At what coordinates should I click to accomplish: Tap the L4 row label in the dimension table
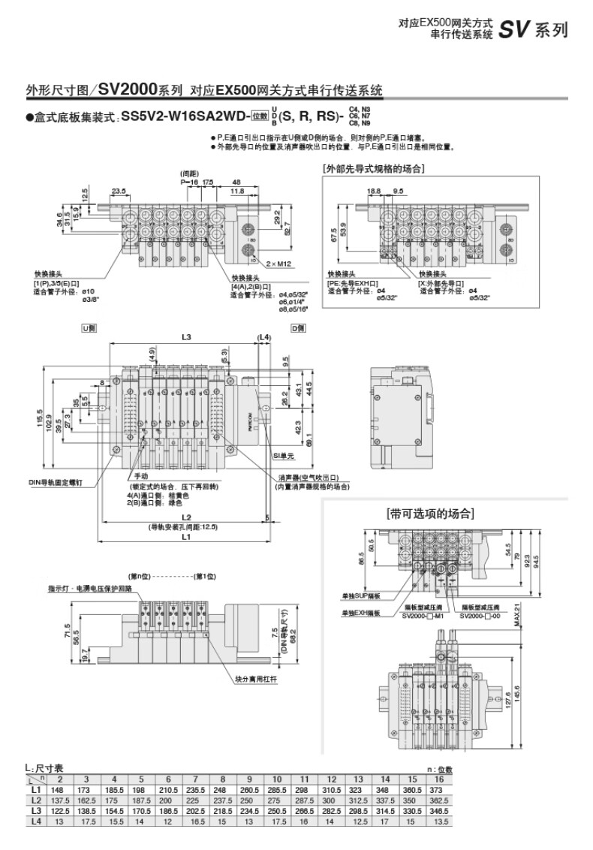point(35,821)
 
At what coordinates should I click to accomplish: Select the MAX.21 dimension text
point(516,615)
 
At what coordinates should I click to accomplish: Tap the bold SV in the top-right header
point(514,30)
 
